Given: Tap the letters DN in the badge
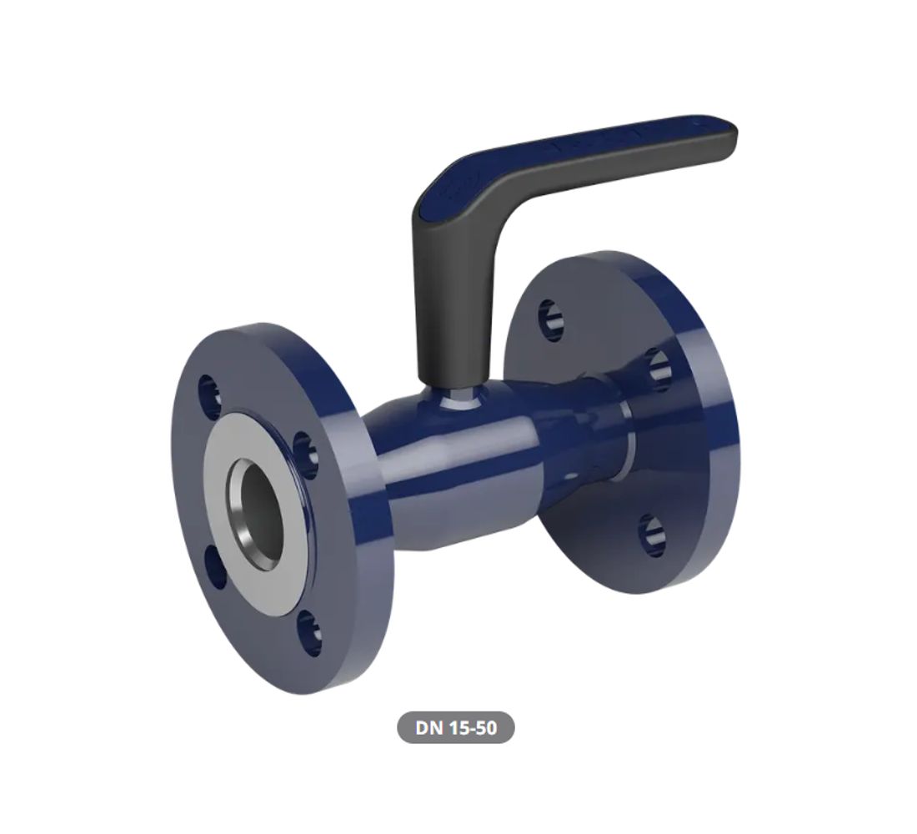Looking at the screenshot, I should click(x=429, y=728).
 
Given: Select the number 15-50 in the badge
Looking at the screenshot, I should click(x=471, y=728).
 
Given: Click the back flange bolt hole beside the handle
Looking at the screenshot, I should click(x=550, y=319).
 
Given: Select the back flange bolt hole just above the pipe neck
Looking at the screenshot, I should click(x=659, y=369).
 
